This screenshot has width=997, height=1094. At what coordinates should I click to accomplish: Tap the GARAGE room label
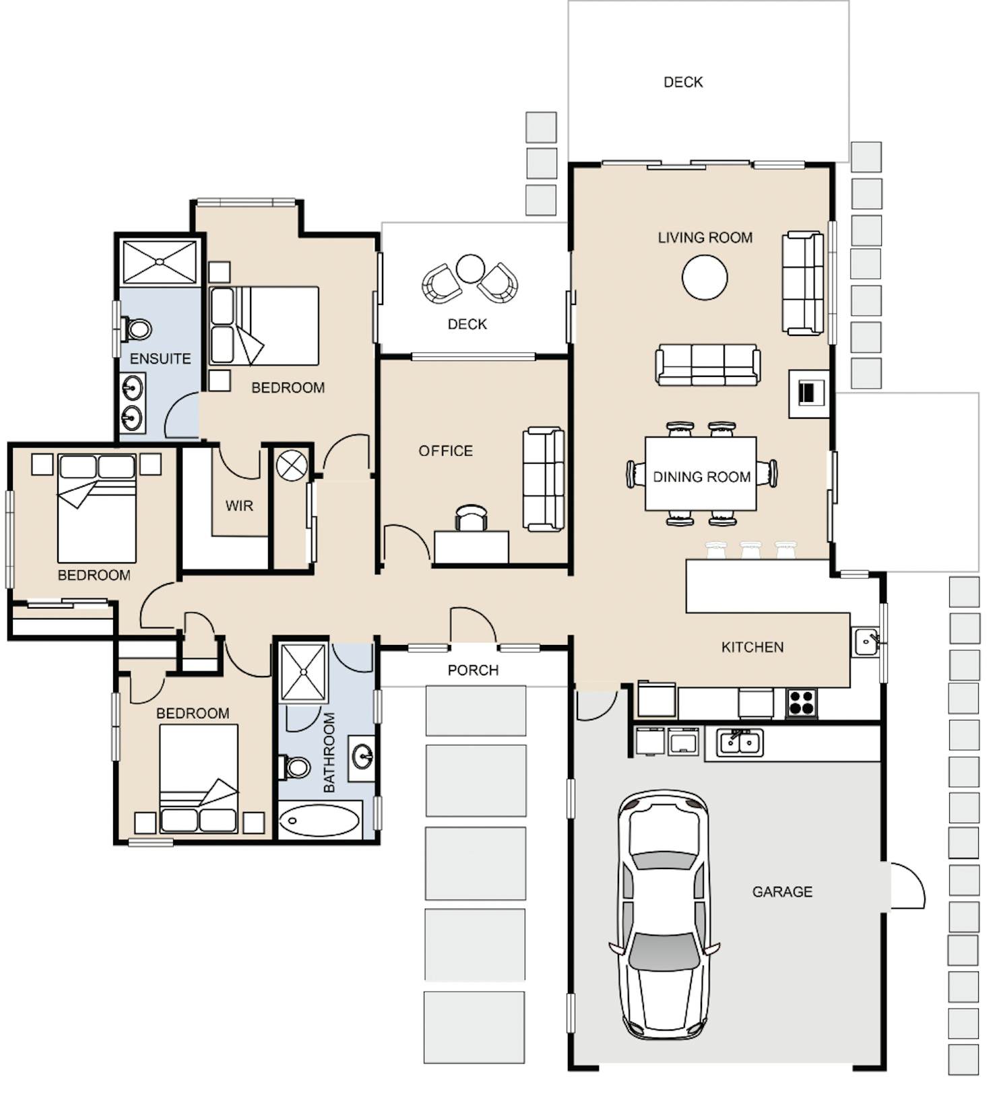click(x=782, y=891)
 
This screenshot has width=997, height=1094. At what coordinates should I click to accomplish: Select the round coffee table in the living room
click(x=705, y=277)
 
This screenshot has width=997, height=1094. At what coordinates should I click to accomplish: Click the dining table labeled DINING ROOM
click(x=701, y=473)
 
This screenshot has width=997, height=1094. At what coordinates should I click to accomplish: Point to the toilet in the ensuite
click(x=137, y=329)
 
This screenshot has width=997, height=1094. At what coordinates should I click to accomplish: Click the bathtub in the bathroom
click(x=319, y=820)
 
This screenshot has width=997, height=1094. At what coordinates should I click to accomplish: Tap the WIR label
click(x=239, y=506)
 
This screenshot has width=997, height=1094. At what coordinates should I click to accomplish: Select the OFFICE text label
click(x=446, y=450)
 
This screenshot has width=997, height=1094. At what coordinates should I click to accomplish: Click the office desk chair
click(x=471, y=517)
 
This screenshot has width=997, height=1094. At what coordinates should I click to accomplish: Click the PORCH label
click(x=473, y=670)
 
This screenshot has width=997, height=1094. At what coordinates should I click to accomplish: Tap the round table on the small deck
click(x=470, y=269)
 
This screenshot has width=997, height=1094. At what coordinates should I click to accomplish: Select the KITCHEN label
click(x=752, y=647)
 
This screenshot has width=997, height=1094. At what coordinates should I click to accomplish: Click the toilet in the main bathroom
click(x=294, y=767)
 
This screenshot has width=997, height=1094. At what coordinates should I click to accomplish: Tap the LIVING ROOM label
click(x=705, y=238)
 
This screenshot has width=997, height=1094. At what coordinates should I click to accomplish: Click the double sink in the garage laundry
click(x=740, y=743)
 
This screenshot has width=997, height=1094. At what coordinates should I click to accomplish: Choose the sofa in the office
click(x=544, y=479)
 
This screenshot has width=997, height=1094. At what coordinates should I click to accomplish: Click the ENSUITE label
click(x=160, y=359)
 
